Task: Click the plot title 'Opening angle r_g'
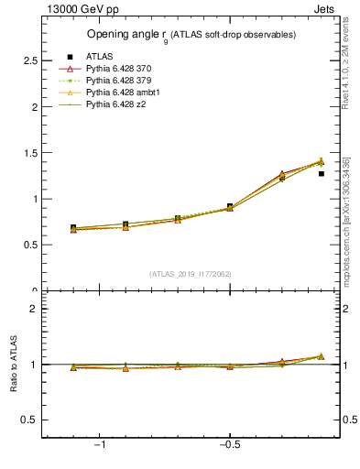click(x=191, y=35)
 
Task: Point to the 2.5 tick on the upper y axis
click(x=31, y=60)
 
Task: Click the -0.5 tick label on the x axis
click(x=229, y=444)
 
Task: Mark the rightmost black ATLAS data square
click(x=321, y=173)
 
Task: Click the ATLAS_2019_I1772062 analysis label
click(x=191, y=273)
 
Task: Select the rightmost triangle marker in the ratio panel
click(x=321, y=356)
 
